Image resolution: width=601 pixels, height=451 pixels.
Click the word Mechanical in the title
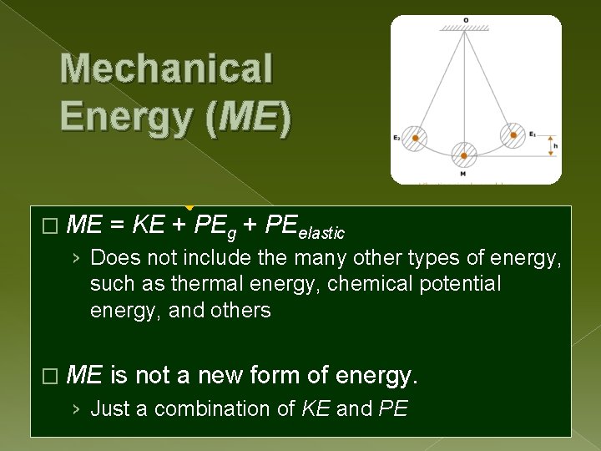[166, 68]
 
